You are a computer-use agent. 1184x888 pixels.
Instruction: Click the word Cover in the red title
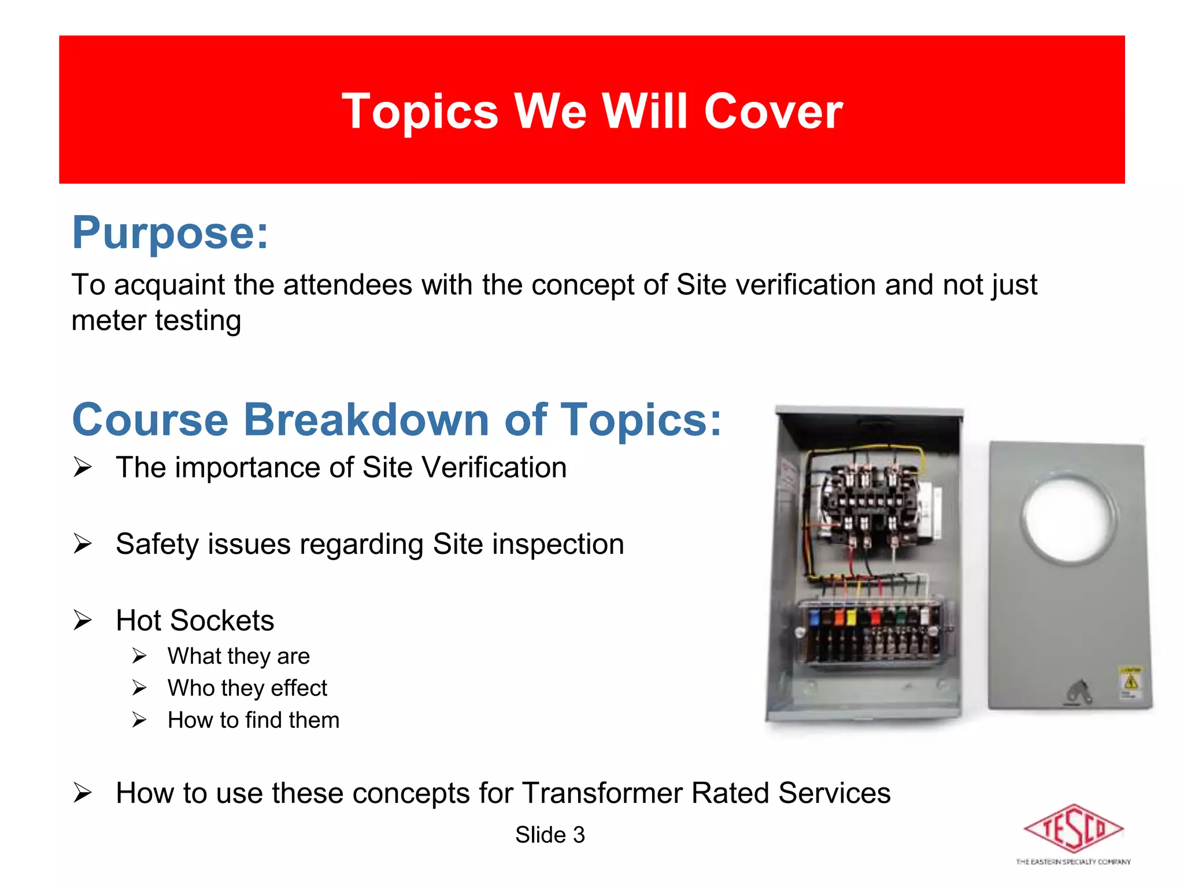pos(773,111)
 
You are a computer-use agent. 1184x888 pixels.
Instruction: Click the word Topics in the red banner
pos(420,111)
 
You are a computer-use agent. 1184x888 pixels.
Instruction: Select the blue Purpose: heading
pos(170,232)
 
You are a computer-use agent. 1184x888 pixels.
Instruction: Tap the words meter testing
pos(156,320)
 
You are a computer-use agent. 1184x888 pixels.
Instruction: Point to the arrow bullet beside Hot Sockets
pos(83,620)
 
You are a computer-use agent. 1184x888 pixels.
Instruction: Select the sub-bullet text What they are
pos(238,656)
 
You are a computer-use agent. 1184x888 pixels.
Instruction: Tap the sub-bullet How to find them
pos(253,720)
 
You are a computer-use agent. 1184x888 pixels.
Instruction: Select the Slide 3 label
pos(550,835)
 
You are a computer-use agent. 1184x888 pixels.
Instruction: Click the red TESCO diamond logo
pos(1073,829)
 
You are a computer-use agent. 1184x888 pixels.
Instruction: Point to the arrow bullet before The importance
pos(83,467)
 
